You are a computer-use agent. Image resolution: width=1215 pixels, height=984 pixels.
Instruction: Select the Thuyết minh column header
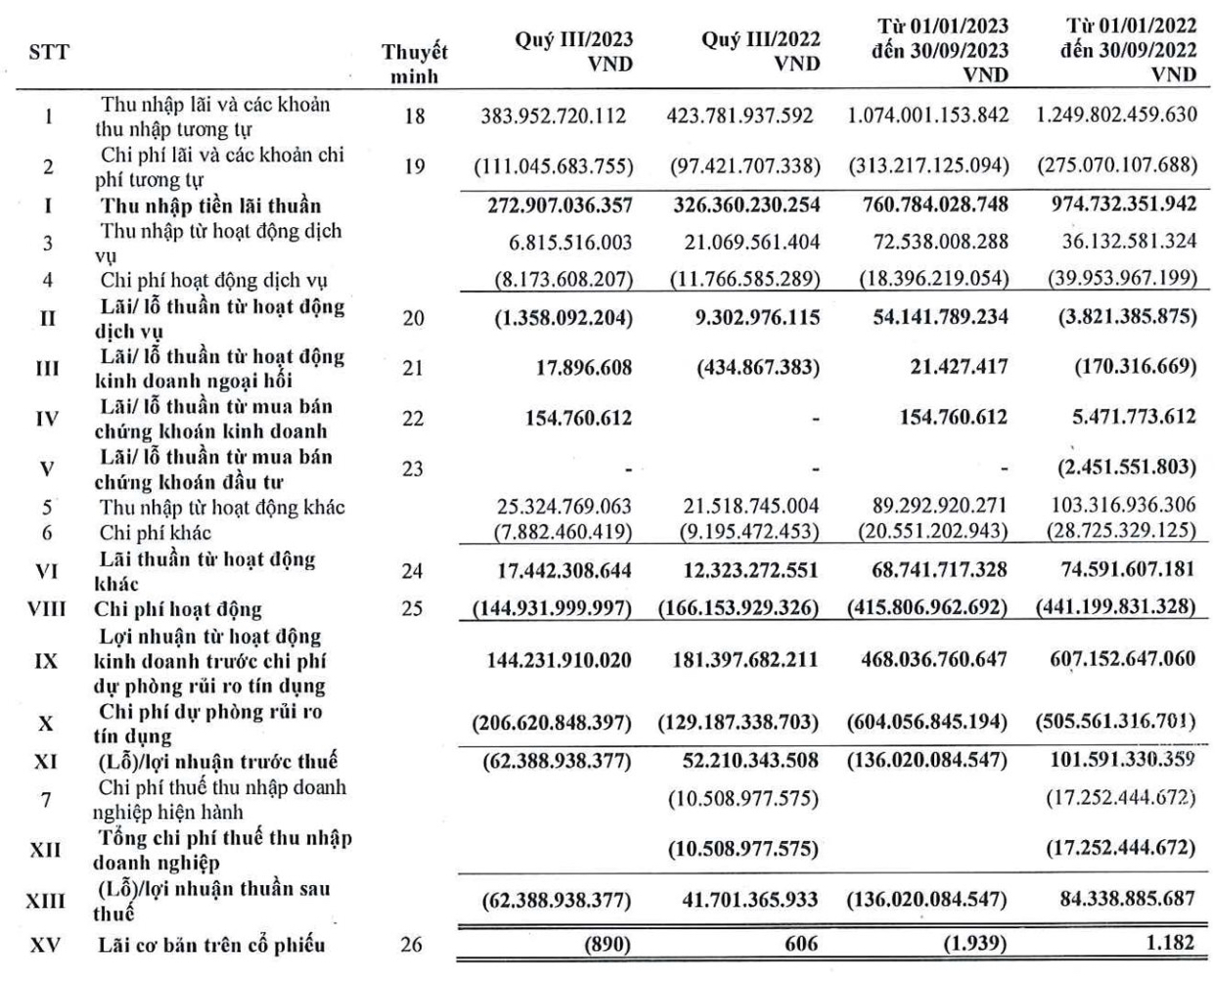click(415, 64)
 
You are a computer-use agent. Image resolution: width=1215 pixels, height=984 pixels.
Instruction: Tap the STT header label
click(49, 53)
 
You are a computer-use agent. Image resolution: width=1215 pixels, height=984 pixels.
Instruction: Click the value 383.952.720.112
click(554, 115)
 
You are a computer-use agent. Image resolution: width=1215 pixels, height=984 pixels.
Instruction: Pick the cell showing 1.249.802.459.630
click(1116, 114)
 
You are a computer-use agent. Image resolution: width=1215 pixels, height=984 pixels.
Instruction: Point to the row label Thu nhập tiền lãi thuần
click(210, 205)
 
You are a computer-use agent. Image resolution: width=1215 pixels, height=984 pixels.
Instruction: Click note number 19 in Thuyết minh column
click(414, 166)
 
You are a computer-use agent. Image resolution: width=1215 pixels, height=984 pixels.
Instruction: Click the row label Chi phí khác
click(155, 533)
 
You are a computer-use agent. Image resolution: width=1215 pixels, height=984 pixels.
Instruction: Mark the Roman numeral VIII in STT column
click(47, 609)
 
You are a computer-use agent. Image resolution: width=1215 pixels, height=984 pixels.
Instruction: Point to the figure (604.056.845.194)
click(928, 724)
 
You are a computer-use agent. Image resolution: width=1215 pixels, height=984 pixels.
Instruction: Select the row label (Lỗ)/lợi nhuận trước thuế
click(217, 761)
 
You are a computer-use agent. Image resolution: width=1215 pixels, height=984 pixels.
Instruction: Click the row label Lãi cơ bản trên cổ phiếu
click(210, 945)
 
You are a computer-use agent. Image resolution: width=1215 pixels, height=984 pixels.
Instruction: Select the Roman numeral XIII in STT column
click(46, 901)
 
